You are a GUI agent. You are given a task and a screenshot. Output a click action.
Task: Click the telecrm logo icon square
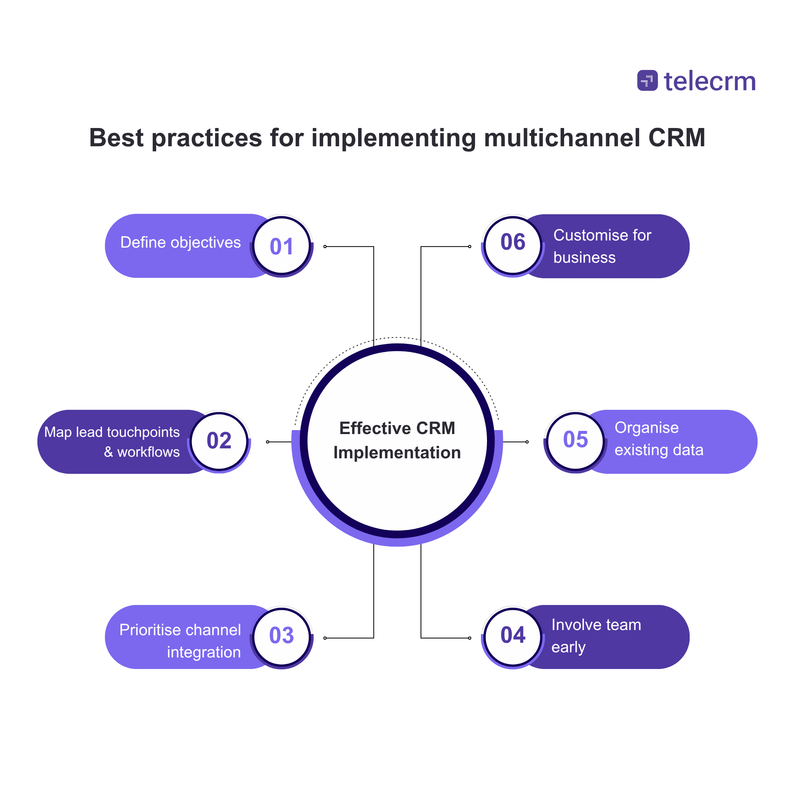click(x=647, y=80)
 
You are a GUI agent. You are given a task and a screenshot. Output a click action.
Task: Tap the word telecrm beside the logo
click(x=710, y=81)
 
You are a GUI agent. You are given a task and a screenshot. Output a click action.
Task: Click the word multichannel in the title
click(x=562, y=138)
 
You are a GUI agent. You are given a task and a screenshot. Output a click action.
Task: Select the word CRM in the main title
click(x=677, y=138)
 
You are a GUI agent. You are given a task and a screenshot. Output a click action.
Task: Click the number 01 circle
click(x=281, y=246)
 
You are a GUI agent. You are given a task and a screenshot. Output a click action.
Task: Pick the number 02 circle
click(x=219, y=441)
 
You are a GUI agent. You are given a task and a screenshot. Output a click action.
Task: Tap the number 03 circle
click(x=281, y=635)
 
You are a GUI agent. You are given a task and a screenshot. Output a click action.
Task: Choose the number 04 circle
click(x=513, y=635)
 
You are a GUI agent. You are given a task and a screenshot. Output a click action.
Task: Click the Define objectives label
click(x=180, y=243)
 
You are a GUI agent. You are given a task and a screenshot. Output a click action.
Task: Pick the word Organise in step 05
click(x=646, y=428)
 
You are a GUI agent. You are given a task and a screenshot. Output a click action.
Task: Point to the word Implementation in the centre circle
click(x=397, y=453)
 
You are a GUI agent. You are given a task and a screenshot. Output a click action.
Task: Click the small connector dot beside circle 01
click(x=325, y=246)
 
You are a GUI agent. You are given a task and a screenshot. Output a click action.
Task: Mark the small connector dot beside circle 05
click(x=527, y=442)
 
